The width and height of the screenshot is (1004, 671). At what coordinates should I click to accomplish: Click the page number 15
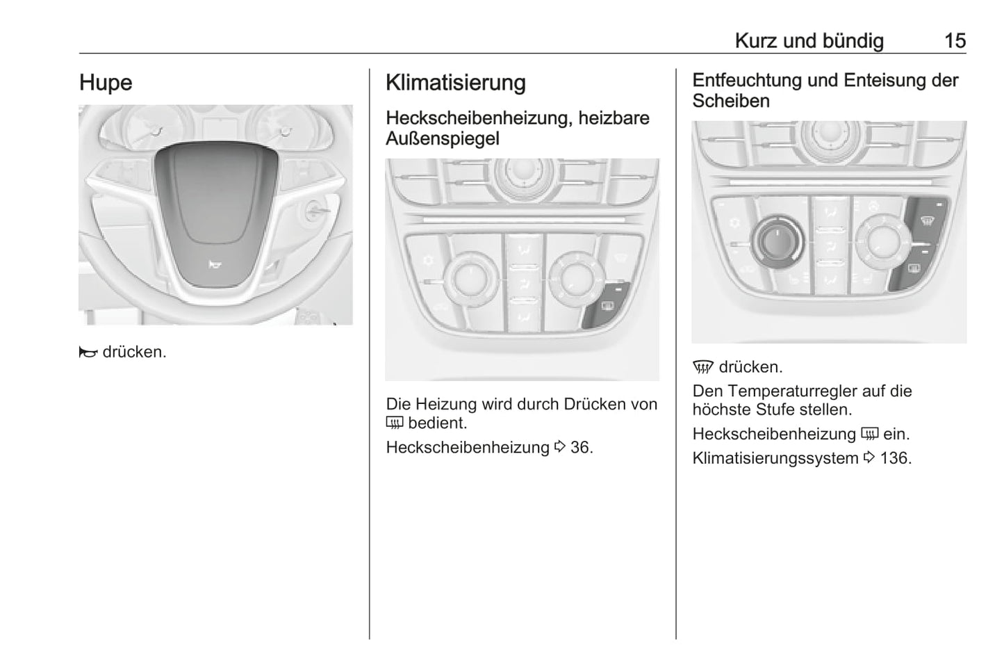(x=955, y=41)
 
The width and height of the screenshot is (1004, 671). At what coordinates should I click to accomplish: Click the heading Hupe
(x=106, y=83)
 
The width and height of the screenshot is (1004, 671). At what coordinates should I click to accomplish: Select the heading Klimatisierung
(x=456, y=83)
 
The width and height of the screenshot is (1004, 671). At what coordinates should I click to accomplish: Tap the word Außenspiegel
(x=443, y=138)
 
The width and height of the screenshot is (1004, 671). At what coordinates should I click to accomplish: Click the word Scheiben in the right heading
(x=731, y=101)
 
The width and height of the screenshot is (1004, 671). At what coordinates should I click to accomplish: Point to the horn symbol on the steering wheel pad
(x=215, y=265)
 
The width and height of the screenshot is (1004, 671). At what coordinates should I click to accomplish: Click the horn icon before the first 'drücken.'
(x=88, y=352)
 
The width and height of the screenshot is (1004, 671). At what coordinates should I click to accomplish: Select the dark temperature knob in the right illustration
(x=777, y=242)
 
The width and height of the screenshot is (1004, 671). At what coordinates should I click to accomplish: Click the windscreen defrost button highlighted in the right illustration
(x=926, y=220)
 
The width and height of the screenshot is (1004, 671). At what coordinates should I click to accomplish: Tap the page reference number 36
(x=582, y=447)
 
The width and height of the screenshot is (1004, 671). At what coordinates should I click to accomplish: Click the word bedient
(x=438, y=423)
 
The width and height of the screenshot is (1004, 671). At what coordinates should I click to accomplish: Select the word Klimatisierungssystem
(x=775, y=458)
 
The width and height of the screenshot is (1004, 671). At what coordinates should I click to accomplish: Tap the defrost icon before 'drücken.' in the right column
(x=703, y=368)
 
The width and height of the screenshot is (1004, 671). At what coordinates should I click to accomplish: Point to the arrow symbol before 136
(x=869, y=458)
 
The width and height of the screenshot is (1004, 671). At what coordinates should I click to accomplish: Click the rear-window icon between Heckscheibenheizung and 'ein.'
(x=869, y=434)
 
